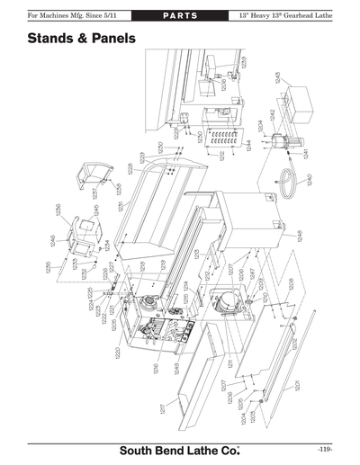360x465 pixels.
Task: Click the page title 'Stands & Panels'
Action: click(81, 40)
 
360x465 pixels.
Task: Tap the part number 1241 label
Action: click(306, 154)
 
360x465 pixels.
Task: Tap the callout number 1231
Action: click(119, 207)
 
